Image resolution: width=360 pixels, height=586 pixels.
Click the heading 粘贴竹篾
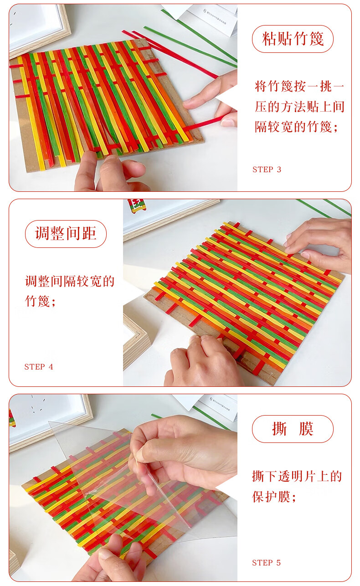click(x=293, y=39)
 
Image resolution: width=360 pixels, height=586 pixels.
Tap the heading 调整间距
click(x=66, y=234)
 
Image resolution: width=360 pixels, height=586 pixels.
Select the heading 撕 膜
click(x=293, y=429)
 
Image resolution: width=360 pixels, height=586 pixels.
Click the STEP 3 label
click(x=267, y=170)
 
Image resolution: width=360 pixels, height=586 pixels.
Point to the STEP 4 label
click(x=38, y=367)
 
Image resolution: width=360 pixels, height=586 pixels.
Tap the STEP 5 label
click(x=266, y=562)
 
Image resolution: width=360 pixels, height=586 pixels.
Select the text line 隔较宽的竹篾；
click(x=296, y=127)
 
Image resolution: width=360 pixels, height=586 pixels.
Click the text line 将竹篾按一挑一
click(x=299, y=86)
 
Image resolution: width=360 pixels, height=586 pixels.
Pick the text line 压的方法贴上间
click(x=299, y=107)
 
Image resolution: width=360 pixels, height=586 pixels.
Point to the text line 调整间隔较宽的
click(x=70, y=281)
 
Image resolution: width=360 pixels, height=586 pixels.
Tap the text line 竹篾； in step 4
click(x=40, y=301)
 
